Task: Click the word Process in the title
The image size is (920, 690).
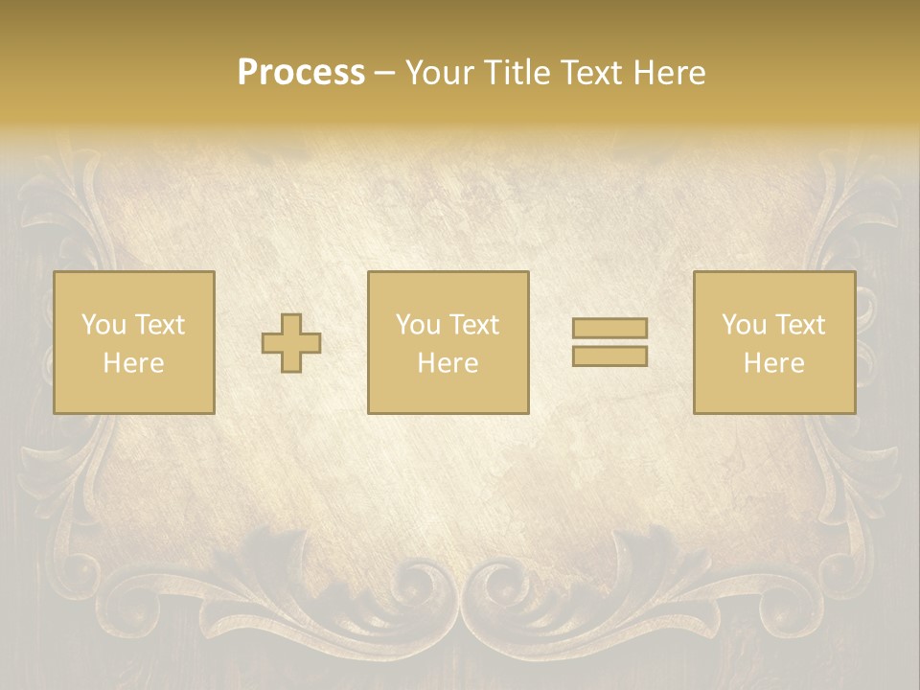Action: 301,73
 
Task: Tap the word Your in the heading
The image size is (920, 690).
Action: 440,73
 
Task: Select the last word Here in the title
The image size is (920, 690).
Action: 668,73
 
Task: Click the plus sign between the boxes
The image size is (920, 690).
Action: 292,343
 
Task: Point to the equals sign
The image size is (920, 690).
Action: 609,342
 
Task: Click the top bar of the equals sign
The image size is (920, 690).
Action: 609,328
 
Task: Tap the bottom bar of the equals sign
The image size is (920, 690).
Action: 609,356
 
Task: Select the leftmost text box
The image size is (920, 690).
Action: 134,342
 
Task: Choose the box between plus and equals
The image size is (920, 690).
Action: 448,342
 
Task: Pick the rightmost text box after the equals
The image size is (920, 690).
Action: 774,342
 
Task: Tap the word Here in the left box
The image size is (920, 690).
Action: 134,363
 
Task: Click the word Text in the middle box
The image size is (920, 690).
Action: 474,325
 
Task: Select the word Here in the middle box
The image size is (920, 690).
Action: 448,363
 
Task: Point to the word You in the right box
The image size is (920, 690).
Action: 745,325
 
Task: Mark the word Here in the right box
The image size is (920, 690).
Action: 774,363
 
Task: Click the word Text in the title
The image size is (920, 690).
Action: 590,73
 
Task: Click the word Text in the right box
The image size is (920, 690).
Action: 800,325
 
